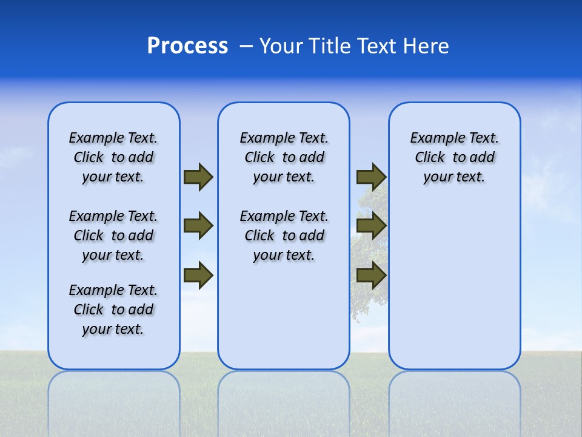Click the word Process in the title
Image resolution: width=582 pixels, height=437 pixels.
pos(187,46)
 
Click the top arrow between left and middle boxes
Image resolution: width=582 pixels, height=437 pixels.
pos(198,177)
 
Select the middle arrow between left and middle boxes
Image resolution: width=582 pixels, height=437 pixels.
pos(198,226)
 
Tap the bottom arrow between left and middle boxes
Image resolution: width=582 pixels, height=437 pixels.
pos(198,276)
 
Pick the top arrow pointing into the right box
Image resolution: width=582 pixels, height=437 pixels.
pos(371,177)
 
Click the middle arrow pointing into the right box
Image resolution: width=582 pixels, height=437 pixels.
pos(371,226)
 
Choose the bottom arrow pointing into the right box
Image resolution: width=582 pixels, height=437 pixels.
pos(371,276)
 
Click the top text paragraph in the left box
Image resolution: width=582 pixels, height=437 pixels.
pos(113,157)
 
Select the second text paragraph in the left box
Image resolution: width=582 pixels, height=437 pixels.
pos(113,235)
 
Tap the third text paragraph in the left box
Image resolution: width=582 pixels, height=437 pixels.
pos(113,310)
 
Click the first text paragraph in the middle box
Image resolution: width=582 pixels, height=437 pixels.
pos(284,157)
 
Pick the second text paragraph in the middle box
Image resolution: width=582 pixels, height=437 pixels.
pos(284,235)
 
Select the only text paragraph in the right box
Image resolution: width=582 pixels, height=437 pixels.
pos(454,157)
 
